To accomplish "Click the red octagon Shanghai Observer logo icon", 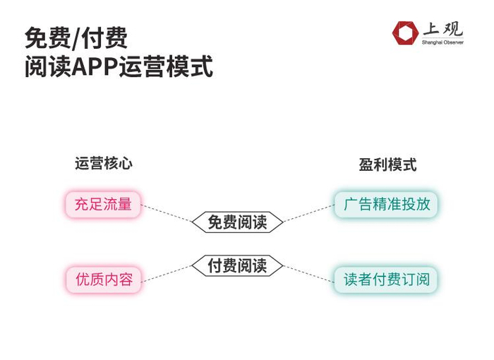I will (405, 32).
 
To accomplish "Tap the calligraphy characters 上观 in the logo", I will (442, 29).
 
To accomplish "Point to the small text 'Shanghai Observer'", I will (442, 42).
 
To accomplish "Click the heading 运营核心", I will (104, 164).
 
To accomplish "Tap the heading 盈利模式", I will (387, 164).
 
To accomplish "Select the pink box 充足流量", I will (103, 205).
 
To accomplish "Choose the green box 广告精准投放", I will (387, 205).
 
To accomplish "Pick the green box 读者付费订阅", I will (387, 279).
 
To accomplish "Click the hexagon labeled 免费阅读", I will (237, 222).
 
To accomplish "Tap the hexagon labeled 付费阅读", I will (237, 266).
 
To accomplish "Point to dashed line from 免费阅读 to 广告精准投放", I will (308, 213).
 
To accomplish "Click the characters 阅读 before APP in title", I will (48, 68).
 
